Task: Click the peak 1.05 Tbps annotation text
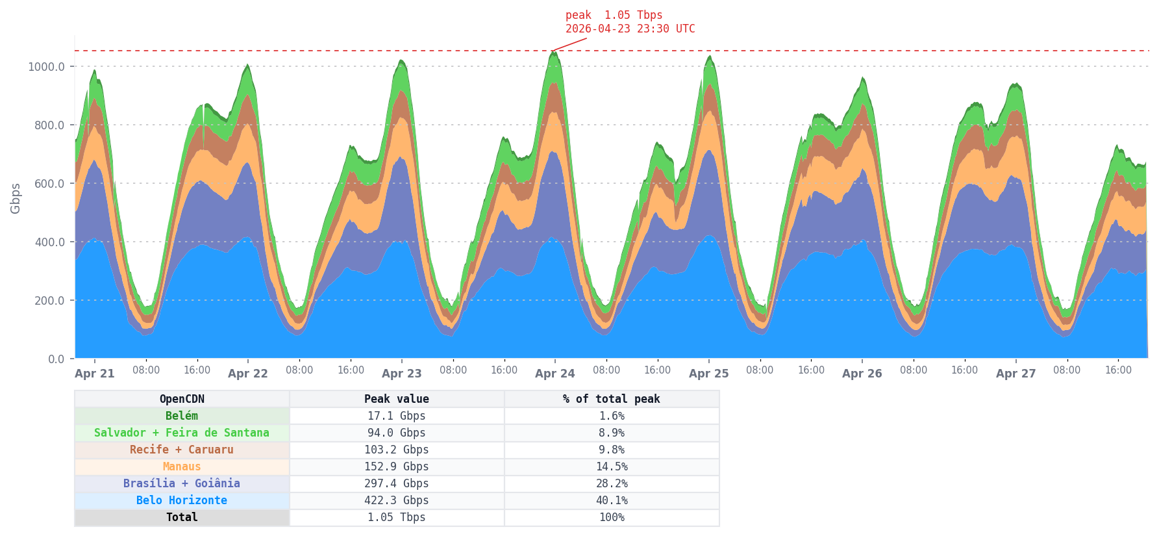pyautogui.click(x=614, y=15)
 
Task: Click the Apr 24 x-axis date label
pyautogui.click(x=555, y=374)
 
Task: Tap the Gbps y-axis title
pyautogui.click(x=16, y=198)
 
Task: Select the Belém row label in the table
pyautogui.click(x=182, y=416)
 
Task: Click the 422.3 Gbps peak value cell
pyautogui.click(x=397, y=500)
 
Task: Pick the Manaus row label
pyautogui.click(x=182, y=466)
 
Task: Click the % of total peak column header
pyautogui.click(x=611, y=399)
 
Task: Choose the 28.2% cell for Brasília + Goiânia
pyautogui.click(x=611, y=483)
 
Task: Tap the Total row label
pyautogui.click(x=182, y=517)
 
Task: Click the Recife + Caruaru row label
pyautogui.click(x=182, y=450)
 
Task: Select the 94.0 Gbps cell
pyautogui.click(x=397, y=433)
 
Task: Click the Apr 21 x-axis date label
pyautogui.click(x=95, y=374)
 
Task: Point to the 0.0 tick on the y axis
pyautogui.click(x=56, y=359)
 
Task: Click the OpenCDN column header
pyautogui.click(x=182, y=399)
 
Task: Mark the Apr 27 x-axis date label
pyautogui.click(x=1016, y=374)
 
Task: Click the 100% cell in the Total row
pyautogui.click(x=611, y=517)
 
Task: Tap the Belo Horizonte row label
pyautogui.click(x=182, y=500)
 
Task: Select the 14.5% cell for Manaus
pyautogui.click(x=611, y=466)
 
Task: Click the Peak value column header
pyautogui.click(x=397, y=399)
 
